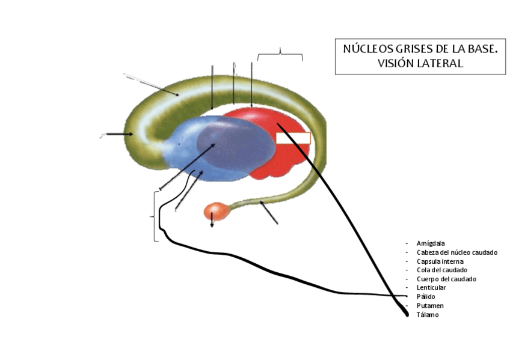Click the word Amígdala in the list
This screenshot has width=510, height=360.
coord(431,243)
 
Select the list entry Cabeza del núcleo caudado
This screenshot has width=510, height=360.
coord(456,252)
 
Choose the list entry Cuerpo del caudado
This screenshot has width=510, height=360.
coord(446,279)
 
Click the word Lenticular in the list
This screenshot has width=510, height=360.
coord(431,288)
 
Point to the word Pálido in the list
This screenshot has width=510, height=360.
coord(426,297)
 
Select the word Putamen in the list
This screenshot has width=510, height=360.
coord(429,306)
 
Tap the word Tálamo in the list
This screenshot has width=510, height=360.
coord(427,315)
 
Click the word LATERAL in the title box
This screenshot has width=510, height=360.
coord(441,63)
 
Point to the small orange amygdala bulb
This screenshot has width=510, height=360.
coord(215,211)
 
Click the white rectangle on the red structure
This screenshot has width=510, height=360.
coord(293,139)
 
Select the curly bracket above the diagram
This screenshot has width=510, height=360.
coord(280,55)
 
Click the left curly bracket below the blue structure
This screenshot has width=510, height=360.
coord(156,216)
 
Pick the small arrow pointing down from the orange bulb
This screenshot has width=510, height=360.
coord(212,224)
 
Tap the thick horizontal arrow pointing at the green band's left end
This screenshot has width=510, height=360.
coord(120,134)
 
